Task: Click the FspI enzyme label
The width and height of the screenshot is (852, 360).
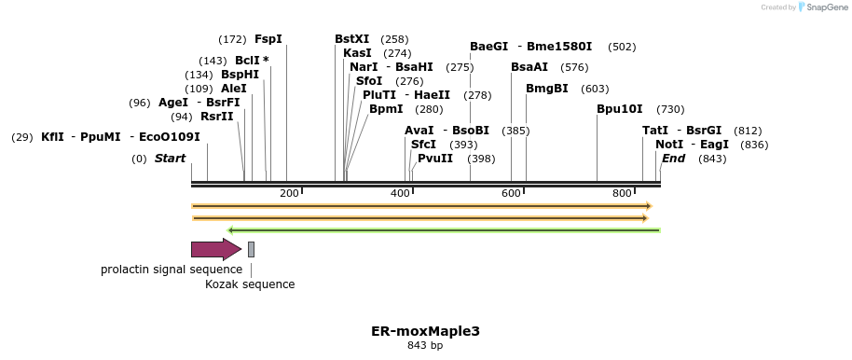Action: tap(268, 39)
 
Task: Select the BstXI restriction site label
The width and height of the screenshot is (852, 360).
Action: tap(351, 39)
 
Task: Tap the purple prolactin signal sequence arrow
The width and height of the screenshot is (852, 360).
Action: tap(215, 249)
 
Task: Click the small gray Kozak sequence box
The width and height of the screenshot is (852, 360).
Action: tap(251, 249)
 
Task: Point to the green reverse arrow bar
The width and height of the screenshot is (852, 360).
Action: tap(444, 229)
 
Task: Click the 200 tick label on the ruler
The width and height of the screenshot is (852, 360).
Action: tap(289, 193)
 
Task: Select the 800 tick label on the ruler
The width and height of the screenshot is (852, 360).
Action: tap(622, 193)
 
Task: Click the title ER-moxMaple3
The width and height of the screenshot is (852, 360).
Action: tap(425, 331)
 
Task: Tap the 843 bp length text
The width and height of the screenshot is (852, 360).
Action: tap(425, 346)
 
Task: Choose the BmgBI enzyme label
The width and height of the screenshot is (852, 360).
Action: tap(546, 89)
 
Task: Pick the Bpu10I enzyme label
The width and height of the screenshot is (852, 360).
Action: tap(620, 109)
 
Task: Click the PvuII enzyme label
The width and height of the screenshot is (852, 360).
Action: tap(435, 159)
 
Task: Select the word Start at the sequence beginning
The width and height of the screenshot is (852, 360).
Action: tap(170, 159)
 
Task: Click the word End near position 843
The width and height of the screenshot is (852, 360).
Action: tap(673, 159)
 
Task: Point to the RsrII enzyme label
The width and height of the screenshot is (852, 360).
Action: tap(216, 117)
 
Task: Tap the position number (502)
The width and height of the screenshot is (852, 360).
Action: tap(621, 47)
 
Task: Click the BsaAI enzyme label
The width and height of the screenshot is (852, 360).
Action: tap(529, 67)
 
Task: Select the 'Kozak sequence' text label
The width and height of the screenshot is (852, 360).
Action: tap(250, 284)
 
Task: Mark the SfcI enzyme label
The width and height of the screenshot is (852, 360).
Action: tap(423, 145)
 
